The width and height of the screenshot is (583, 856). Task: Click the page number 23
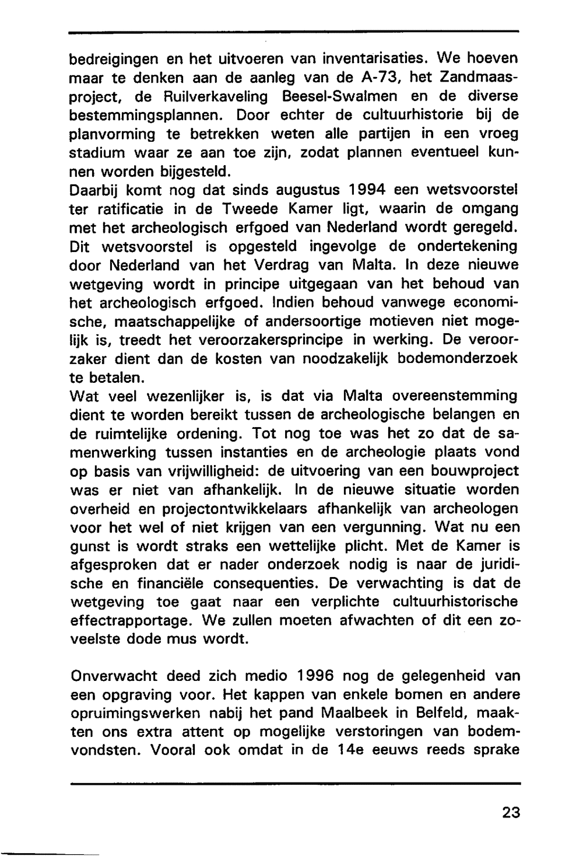click(510, 812)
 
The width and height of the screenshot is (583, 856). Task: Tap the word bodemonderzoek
click(458, 358)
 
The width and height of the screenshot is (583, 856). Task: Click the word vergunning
click(387, 527)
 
